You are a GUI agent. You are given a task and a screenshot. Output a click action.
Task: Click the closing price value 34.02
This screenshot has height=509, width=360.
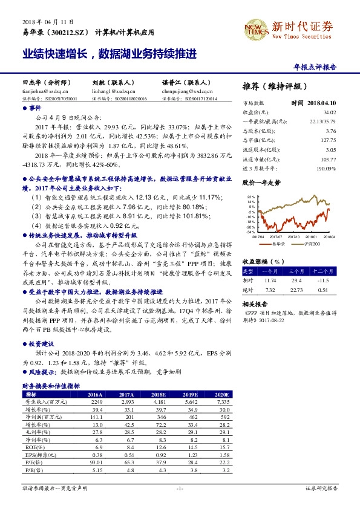pyautogui.click(x=330, y=112)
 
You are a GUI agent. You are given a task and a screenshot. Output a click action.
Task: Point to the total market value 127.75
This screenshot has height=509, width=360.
pyautogui.click(x=329, y=139)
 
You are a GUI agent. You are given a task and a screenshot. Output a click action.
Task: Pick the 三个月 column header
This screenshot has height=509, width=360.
pyautogui.click(x=296, y=273)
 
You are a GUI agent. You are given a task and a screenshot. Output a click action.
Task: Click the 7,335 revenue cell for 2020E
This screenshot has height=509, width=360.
pyautogui.click(x=223, y=400)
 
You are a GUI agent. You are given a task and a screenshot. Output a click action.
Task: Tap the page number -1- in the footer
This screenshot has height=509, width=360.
pyautogui.click(x=180, y=488)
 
